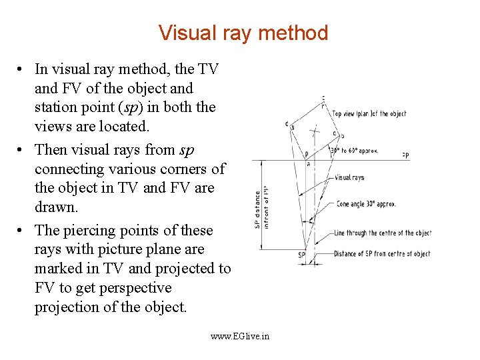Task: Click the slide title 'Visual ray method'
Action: tap(243, 33)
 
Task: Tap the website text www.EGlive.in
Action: tap(240, 336)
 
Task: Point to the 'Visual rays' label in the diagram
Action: tap(349, 177)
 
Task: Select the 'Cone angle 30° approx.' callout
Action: tap(366, 204)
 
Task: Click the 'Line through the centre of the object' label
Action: tap(382, 233)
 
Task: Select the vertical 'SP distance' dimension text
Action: tap(258, 209)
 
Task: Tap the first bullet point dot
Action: tap(22, 69)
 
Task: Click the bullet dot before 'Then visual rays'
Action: tap(22, 150)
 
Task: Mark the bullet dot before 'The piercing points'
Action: tap(22, 231)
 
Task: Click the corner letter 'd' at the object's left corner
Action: tap(285, 123)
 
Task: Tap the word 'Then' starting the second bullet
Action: tap(51, 150)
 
